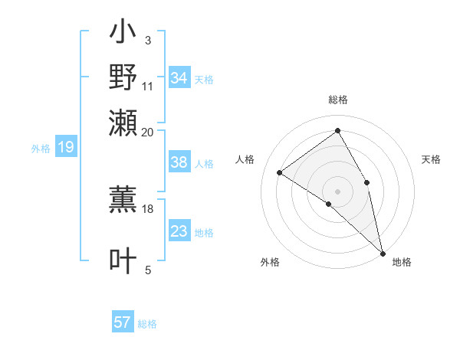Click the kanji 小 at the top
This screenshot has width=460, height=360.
coord(123,35)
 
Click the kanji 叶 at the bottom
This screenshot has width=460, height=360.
coord(123,260)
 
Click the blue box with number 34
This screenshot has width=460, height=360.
coord(179,78)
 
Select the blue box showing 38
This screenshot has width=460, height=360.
coord(179,162)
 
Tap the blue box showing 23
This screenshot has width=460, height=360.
coord(179,232)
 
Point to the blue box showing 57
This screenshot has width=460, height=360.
coord(123,322)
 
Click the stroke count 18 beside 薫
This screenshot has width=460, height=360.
coord(148,208)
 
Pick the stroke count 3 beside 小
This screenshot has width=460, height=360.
coord(147,40)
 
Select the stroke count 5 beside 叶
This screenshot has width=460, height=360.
coord(148,270)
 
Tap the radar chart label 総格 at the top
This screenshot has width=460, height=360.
coord(337,100)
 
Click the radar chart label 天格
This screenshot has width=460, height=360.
coord(431,159)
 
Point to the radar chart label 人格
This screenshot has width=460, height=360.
coord(245,159)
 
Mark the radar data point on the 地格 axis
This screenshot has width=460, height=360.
coord(383,252)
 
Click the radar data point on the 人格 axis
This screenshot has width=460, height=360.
coord(279,172)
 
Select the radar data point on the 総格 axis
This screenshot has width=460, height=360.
coord(337,130)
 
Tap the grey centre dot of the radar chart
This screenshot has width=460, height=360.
coord(337,191)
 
